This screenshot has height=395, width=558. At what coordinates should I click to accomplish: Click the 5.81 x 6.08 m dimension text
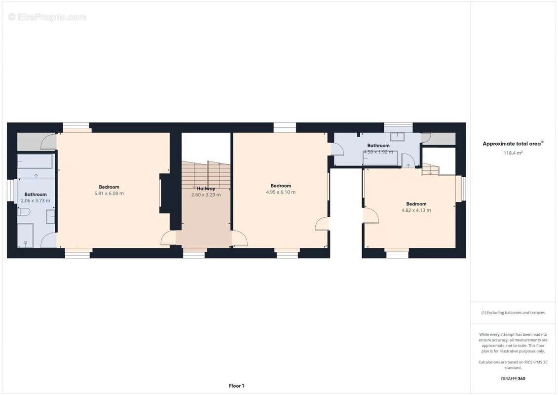(109, 194)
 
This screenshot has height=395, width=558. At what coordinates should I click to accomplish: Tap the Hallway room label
(206, 188)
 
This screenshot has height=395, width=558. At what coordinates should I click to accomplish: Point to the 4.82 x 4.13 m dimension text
(416, 210)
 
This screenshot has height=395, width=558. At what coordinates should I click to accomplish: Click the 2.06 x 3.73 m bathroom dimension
(36, 201)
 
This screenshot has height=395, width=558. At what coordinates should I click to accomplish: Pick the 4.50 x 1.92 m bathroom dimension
(378, 152)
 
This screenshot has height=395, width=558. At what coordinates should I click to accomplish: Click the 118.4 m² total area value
(513, 153)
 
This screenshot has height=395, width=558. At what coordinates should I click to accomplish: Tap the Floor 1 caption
(236, 386)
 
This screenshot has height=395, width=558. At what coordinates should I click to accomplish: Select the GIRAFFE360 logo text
(513, 379)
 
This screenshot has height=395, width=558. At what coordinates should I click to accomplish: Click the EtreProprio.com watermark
(47, 17)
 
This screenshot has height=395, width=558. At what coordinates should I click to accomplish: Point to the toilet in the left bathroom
(24, 212)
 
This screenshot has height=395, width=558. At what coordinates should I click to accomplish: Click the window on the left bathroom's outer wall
(9, 190)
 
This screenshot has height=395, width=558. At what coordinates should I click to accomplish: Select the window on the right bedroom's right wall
(463, 189)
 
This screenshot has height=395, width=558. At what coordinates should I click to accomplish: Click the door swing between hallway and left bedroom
(168, 238)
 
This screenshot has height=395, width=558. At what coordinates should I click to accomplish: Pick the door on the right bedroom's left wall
(370, 215)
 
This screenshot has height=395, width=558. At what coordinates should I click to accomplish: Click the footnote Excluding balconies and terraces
(513, 313)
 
